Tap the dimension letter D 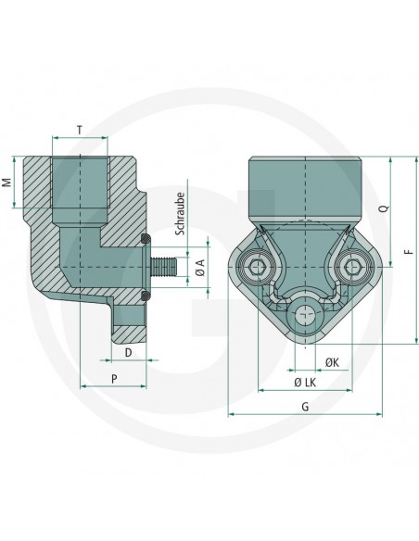point(128,353)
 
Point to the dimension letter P point(113,378)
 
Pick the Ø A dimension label point(199,270)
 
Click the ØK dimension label point(331,359)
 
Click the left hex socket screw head point(258,269)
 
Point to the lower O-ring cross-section point(145,296)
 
